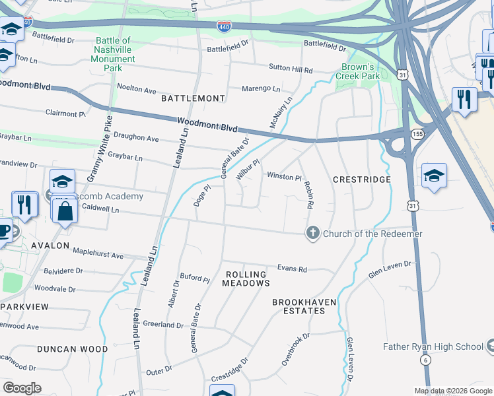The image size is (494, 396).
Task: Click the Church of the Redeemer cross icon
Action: pyautogui.click(x=312, y=233)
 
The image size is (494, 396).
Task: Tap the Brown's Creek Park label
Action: pyautogui.click(x=361, y=71)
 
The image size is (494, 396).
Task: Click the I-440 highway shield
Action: pyautogui.click(x=224, y=26)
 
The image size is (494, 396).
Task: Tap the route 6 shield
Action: pyautogui.click(x=426, y=360)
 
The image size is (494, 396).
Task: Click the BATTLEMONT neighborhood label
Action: pyautogui.click(x=193, y=98)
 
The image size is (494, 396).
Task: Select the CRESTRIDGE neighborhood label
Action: pyautogui.click(x=362, y=180)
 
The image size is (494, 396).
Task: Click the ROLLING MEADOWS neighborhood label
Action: pyautogui.click(x=246, y=279)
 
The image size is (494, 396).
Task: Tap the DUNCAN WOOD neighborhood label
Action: pyautogui.click(x=72, y=348)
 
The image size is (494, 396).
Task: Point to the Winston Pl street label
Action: pyautogui.click(x=284, y=177)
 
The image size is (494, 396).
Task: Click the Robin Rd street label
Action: pyautogui.click(x=308, y=195)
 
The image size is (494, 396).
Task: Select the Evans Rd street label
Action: pyautogui.click(x=292, y=269)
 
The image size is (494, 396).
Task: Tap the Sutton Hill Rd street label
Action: pyautogui.click(x=290, y=69)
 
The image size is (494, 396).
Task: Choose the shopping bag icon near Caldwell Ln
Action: pyautogui.click(x=65, y=213)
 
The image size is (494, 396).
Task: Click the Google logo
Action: pyautogui.click(x=22, y=388)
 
